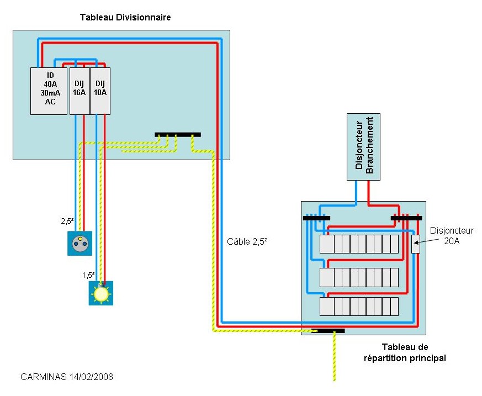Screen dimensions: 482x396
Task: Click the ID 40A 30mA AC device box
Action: pos(49,91)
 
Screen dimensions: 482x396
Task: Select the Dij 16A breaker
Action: pos(80,91)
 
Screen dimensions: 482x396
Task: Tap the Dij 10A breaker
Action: pos(100,91)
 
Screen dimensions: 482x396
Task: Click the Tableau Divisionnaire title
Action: pos(125,17)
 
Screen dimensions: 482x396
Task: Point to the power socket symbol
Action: pos(80,243)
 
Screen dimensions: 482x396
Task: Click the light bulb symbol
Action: pos(101,293)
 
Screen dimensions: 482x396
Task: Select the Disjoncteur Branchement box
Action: pos(363,147)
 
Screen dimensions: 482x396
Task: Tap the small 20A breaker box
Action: pos(416,244)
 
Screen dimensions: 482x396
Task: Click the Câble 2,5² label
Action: pos(247,242)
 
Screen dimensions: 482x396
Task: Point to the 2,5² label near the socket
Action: pos(67,221)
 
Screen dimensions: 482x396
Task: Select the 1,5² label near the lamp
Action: pos(88,275)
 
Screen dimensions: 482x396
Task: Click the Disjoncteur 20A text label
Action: pos(452,235)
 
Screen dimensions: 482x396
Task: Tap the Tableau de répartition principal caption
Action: pos(405,353)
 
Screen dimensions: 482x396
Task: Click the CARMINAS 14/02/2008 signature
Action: pos(67,377)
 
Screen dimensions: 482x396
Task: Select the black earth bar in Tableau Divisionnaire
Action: pos(178,135)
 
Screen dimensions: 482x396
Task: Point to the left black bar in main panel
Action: pos(316,218)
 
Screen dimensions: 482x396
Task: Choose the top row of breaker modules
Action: pos(359,244)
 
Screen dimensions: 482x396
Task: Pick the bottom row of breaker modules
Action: pos(359,307)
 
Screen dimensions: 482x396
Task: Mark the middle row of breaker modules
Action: pos(359,277)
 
